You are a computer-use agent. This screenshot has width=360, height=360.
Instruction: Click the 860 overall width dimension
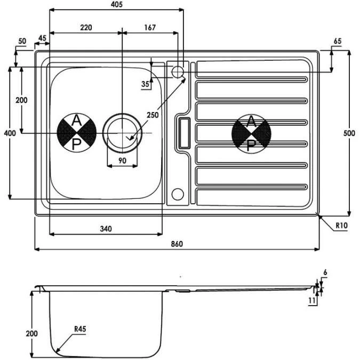177,244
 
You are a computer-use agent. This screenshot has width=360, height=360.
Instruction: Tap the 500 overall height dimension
349,133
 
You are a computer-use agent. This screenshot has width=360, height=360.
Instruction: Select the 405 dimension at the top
117,4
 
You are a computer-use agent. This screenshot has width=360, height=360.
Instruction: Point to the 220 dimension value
86,28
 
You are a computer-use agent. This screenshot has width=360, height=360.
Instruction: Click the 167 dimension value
150,28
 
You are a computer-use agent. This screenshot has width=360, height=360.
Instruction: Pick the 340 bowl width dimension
106,229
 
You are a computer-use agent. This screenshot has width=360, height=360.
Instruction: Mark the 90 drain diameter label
122,161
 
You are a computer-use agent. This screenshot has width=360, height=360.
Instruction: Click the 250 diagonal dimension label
153,115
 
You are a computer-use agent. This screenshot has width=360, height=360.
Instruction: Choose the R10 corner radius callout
342,226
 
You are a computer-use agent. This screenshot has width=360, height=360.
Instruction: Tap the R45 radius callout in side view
80,329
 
